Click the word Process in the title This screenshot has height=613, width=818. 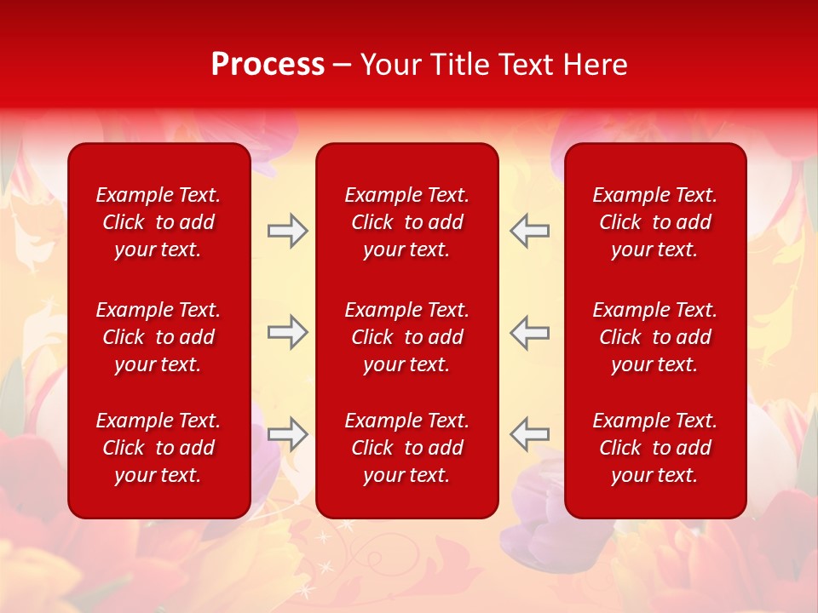pyautogui.click(x=268, y=65)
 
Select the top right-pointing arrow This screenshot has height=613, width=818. pyautogui.click(x=287, y=231)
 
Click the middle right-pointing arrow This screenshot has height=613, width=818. pyautogui.click(x=287, y=332)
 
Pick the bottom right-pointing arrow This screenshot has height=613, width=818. pyautogui.click(x=287, y=433)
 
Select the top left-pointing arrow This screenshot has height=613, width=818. pyautogui.click(x=530, y=231)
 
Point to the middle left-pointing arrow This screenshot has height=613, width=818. pyautogui.click(x=530, y=332)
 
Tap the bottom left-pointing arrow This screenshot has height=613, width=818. pyautogui.click(x=530, y=433)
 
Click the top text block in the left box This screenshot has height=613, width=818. pyautogui.click(x=158, y=222)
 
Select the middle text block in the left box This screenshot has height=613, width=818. pyautogui.click(x=158, y=337)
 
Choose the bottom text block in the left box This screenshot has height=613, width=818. pyautogui.click(x=158, y=448)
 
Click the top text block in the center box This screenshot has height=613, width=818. pyautogui.click(x=407, y=222)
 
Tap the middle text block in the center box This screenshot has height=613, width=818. pyautogui.click(x=407, y=337)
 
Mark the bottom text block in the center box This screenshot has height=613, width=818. pyautogui.click(x=407, y=448)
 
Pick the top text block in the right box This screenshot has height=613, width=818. pyautogui.click(x=655, y=222)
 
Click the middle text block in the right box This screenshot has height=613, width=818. pyautogui.click(x=655, y=337)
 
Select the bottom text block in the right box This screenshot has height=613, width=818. pyautogui.click(x=655, y=448)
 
